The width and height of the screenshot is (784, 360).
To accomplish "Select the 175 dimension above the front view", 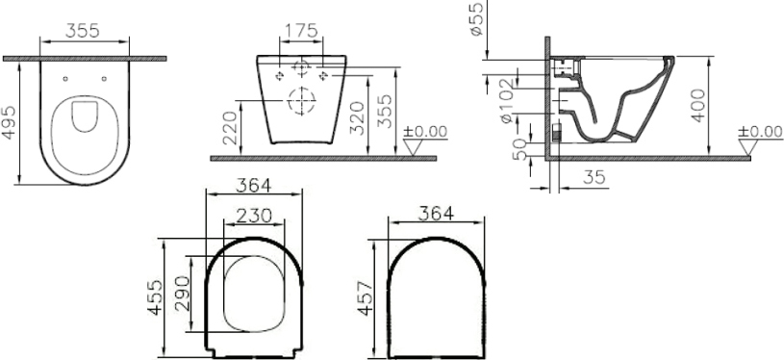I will [300, 31].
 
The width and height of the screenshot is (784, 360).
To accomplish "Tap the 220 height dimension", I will [228, 127].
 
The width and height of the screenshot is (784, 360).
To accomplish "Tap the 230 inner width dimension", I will [255, 215].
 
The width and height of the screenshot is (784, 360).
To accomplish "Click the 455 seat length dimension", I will [154, 297].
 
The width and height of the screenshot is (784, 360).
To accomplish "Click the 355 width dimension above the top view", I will [85, 31].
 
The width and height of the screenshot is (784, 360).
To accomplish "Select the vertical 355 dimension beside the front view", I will [385, 113].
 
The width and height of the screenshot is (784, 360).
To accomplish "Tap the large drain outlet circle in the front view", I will [300, 99].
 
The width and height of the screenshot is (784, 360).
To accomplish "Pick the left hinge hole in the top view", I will [66, 77].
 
